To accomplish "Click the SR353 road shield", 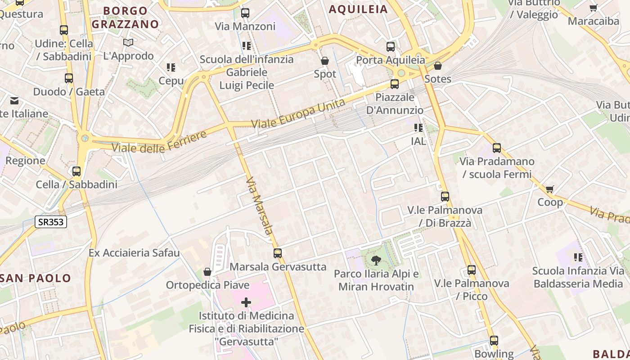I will point(51,221).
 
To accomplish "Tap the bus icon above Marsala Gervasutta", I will point(278,253).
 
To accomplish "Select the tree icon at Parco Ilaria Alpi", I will point(376,260).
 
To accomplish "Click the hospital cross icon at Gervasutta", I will point(246,302).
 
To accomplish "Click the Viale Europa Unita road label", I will point(298,113).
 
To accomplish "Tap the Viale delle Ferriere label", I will point(159,141).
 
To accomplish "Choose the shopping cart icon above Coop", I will point(549,189).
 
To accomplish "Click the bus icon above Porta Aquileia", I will point(391,46).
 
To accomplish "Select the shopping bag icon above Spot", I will point(325,60).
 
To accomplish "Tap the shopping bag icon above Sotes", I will point(437,66).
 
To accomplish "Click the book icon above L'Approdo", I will point(128,42).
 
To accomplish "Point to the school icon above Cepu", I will point(171,67).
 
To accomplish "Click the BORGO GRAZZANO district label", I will point(126,18).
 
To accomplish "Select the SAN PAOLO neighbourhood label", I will point(36,278).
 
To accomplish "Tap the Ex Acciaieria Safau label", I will point(134,252).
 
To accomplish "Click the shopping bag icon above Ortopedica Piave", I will point(207,272).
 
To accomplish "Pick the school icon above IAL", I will point(418,128).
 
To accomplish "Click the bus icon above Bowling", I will point(494,340).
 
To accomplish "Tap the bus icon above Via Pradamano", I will point(497,148).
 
